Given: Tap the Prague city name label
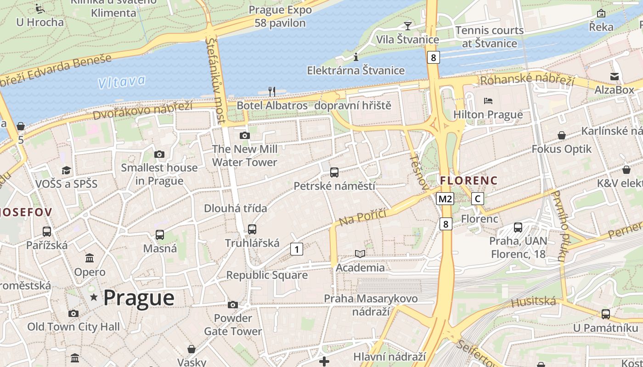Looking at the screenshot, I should (x=139, y=298).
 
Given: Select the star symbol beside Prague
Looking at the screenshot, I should (x=94, y=297).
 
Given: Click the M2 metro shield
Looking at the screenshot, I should (x=445, y=199).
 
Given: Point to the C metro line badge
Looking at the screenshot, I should (x=478, y=199).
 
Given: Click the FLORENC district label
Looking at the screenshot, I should (x=469, y=181).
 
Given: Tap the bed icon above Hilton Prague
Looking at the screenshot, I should (x=488, y=100).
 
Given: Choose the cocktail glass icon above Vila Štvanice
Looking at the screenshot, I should (x=407, y=26).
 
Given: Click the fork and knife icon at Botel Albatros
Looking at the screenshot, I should (x=272, y=92).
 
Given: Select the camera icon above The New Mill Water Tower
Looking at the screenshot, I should (x=245, y=135).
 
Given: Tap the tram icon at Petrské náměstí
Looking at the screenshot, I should (x=334, y=172).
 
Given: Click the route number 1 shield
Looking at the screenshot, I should (x=297, y=249).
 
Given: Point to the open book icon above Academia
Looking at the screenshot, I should (x=360, y=254).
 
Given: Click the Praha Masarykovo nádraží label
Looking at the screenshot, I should (x=371, y=305).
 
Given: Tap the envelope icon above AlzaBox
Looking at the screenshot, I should (x=615, y=76).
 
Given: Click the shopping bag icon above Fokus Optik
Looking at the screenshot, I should (x=561, y=135).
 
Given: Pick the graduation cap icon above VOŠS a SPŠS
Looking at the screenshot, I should (x=67, y=170).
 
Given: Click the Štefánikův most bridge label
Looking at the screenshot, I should (x=216, y=80).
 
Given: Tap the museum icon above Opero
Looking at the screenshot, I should (x=90, y=258).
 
